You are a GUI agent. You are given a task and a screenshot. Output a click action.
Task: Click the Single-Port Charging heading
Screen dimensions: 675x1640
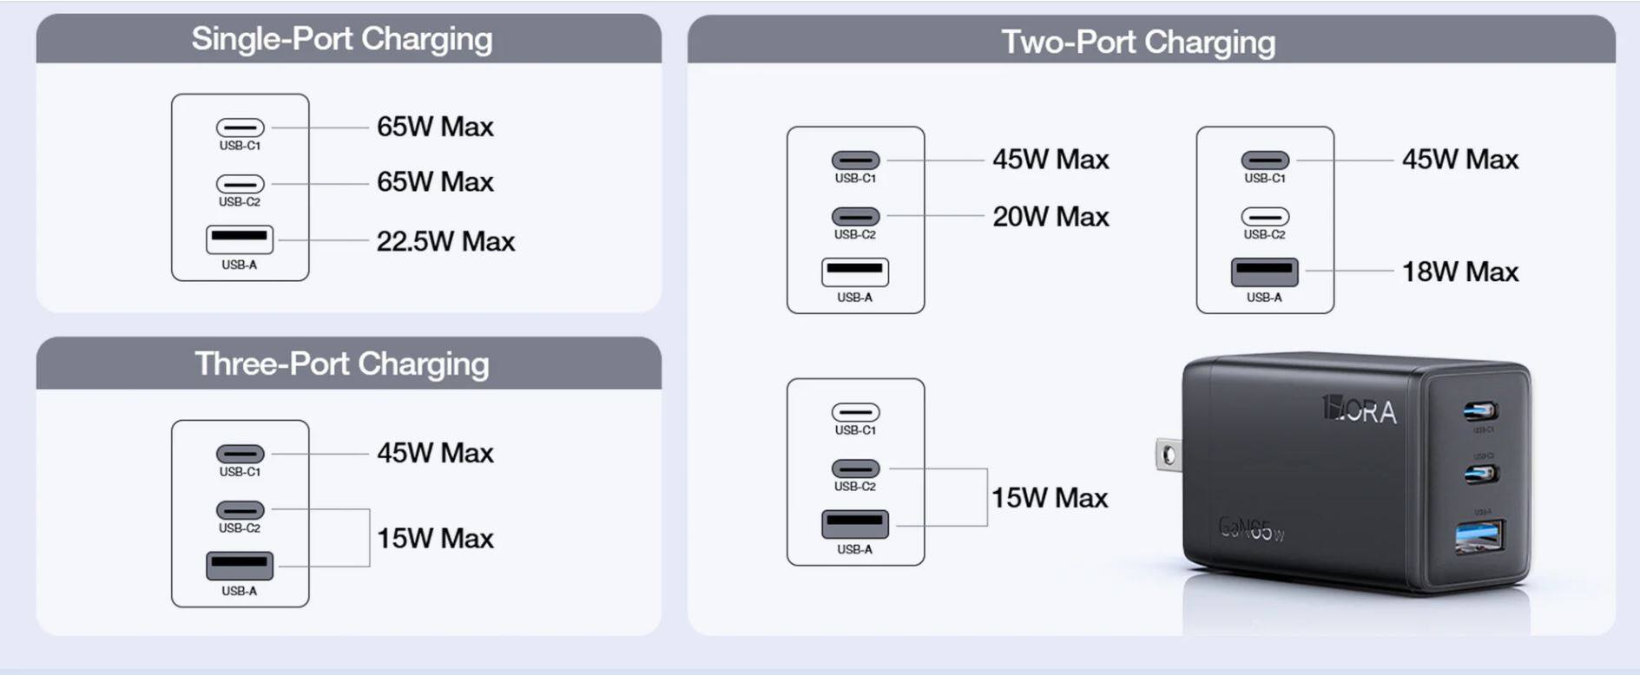click(x=341, y=39)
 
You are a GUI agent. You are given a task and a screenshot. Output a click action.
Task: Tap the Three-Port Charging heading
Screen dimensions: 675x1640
click(x=341, y=364)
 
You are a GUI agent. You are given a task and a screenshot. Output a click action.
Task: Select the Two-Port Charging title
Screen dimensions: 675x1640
click(x=1137, y=42)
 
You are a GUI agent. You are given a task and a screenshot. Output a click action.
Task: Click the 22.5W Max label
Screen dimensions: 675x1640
click(x=445, y=241)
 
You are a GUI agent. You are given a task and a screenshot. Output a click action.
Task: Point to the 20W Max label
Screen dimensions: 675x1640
click(x=1051, y=216)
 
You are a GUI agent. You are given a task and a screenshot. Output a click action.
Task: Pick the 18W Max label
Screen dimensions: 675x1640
click(x=1459, y=272)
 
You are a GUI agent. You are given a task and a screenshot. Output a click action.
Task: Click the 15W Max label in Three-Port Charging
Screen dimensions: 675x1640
click(x=434, y=538)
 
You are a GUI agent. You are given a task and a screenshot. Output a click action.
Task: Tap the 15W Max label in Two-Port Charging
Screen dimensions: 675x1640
click(x=1049, y=498)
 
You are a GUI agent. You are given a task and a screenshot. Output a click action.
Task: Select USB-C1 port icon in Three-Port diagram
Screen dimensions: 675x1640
click(x=240, y=454)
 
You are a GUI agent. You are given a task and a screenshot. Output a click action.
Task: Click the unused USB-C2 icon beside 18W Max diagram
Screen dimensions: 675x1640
click(x=1265, y=216)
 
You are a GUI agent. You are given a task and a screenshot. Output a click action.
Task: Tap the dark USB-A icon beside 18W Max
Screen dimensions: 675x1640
click(x=1265, y=272)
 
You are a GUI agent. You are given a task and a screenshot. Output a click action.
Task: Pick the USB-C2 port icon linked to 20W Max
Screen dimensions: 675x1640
click(x=855, y=216)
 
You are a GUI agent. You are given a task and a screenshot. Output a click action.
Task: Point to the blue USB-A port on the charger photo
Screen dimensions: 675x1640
click(x=1480, y=537)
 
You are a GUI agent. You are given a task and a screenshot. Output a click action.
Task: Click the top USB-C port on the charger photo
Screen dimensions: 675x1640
click(x=1480, y=410)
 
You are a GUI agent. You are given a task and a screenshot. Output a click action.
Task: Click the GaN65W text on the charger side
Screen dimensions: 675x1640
click(x=1251, y=528)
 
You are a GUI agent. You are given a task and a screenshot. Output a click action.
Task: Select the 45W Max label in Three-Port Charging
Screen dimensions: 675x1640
click(x=434, y=453)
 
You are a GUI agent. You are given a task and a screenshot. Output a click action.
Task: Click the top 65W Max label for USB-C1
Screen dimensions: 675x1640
click(x=434, y=127)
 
